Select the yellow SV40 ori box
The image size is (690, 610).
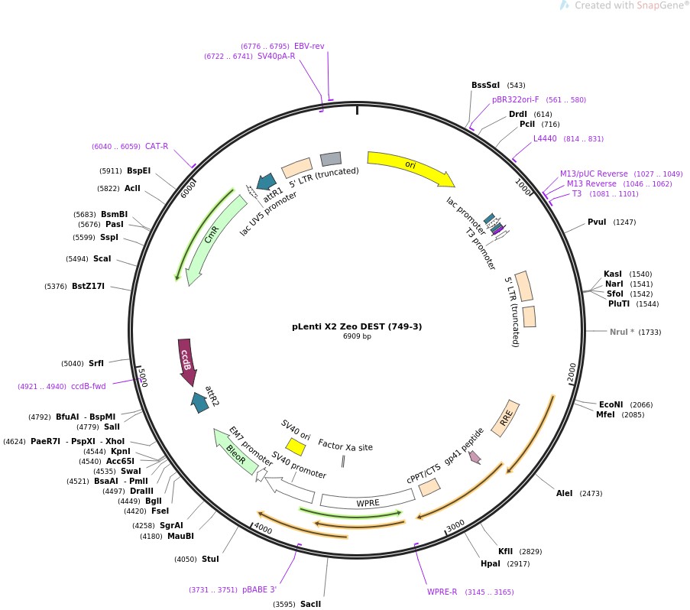[x=294, y=446]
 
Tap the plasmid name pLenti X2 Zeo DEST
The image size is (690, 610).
[x=357, y=326]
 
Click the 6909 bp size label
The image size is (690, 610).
[x=357, y=336]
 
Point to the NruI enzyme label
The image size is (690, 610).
[x=624, y=332]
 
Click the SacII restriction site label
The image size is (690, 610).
[x=310, y=604]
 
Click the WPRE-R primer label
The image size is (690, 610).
[x=442, y=592]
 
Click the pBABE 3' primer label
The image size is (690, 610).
[x=259, y=589]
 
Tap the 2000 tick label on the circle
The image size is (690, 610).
[x=571, y=373]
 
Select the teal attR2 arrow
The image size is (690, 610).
[x=200, y=400]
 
